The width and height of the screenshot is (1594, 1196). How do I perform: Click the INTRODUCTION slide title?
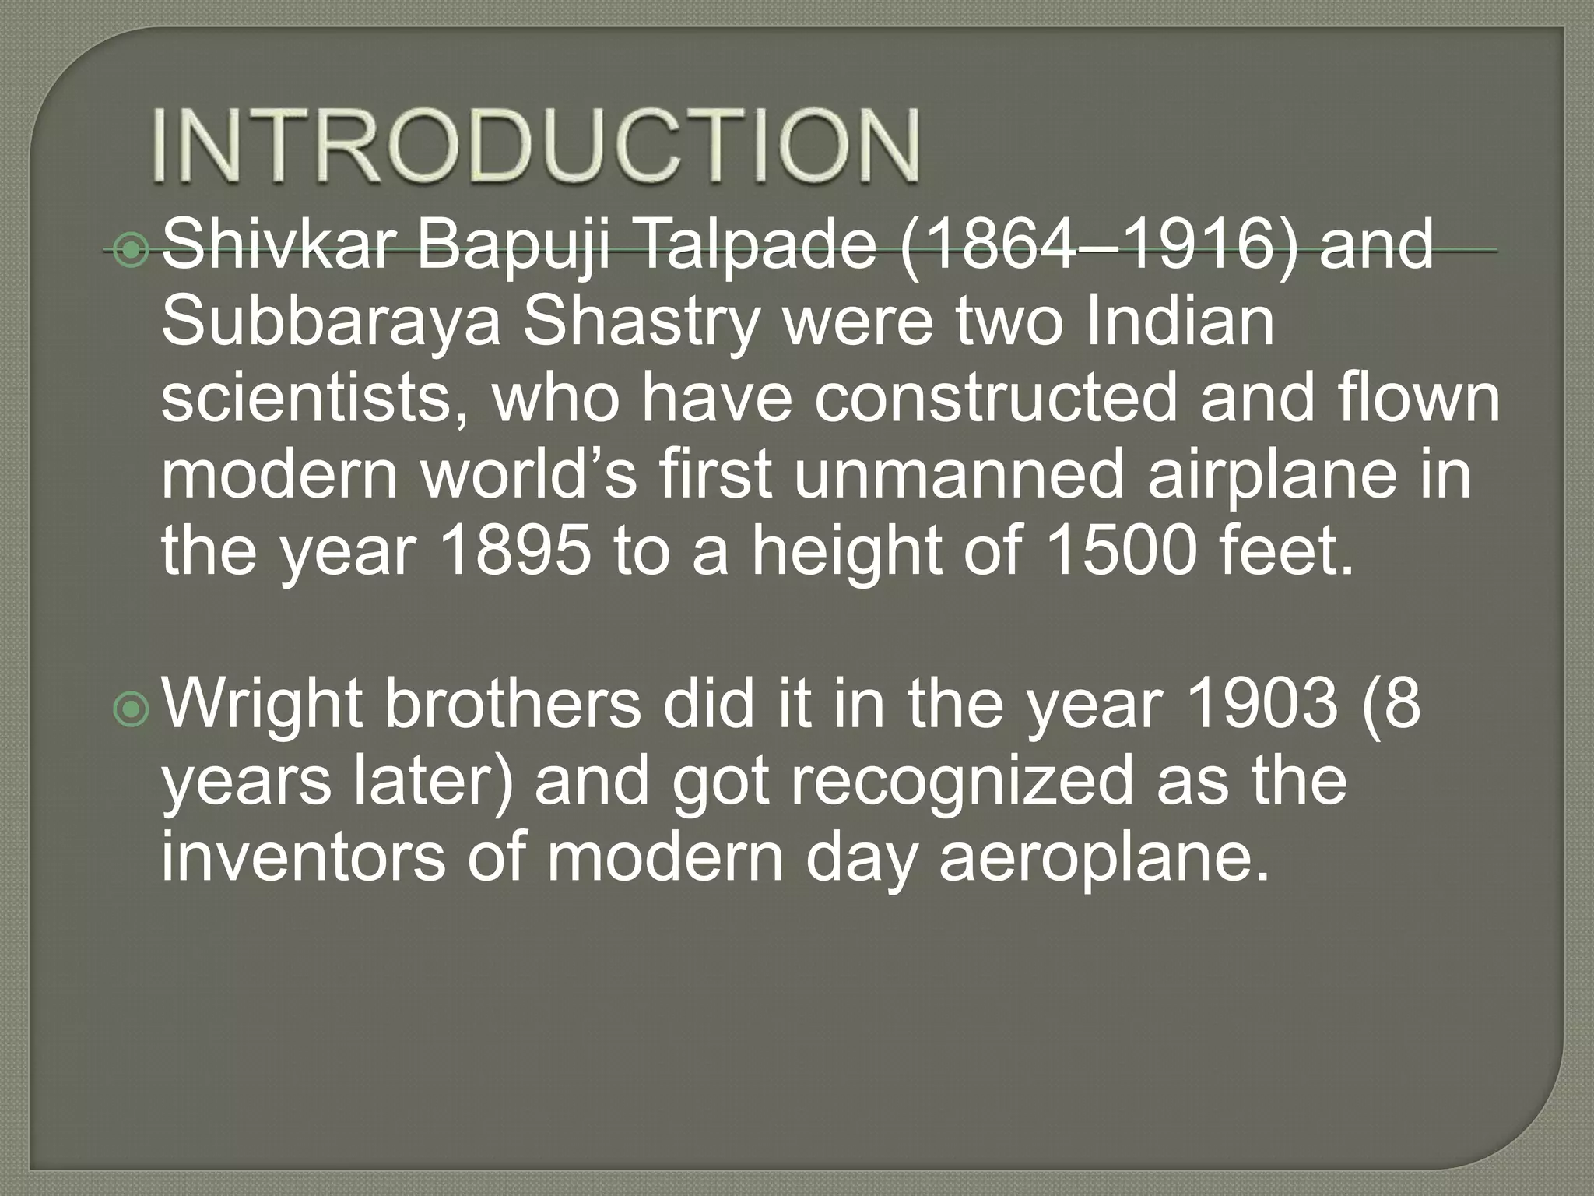535,146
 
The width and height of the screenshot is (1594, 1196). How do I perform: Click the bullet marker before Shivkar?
130,250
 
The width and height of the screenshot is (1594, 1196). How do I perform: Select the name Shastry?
640,324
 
